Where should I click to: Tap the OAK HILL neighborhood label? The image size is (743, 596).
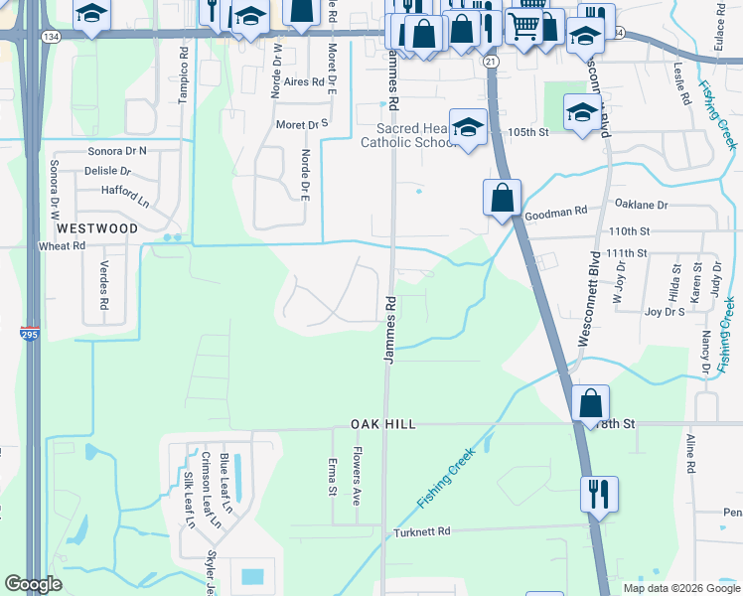click(382, 424)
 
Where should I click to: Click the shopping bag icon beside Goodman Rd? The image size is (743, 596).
click(503, 197)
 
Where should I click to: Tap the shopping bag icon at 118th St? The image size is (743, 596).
click(590, 403)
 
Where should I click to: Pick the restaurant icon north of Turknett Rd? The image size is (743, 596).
click(599, 493)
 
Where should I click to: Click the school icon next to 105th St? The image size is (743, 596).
click(581, 112)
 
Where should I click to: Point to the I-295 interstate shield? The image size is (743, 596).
click(31, 335)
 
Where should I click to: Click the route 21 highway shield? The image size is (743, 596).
click(491, 62)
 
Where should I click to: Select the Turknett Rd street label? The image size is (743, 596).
click(422, 532)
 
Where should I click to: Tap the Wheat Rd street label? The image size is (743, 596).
click(62, 246)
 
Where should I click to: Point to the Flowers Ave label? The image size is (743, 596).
click(356, 479)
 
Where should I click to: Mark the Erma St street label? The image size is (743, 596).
click(332, 478)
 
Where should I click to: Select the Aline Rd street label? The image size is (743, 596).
click(689, 452)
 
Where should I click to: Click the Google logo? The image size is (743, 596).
click(34, 584)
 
